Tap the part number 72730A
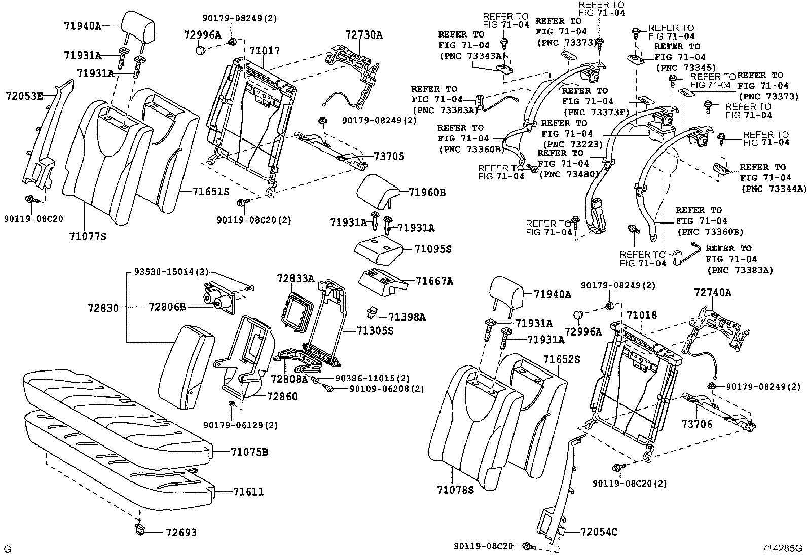[x=363, y=35]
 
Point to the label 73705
[x=389, y=156]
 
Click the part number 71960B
[x=427, y=192]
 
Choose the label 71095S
[x=432, y=249]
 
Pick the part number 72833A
[x=296, y=278]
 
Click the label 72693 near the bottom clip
[x=181, y=533]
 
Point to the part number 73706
[x=696, y=423]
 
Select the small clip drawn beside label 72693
[x=139, y=530]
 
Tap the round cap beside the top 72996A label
[x=201, y=51]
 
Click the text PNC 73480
[x=568, y=174]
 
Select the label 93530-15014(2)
[x=171, y=273]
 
